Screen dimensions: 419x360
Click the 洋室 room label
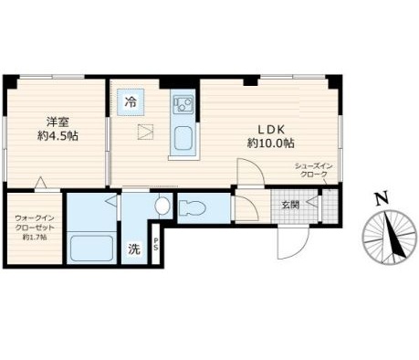click(x=58, y=122)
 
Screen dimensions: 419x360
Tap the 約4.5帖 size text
click(x=58, y=136)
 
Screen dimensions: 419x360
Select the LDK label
click(x=271, y=130)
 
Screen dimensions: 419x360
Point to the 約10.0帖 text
click(x=271, y=143)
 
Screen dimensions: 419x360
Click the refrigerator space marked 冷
click(x=131, y=102)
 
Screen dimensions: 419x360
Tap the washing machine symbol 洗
click(x=134, y=249)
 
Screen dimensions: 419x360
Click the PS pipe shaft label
click(x=155, y=244)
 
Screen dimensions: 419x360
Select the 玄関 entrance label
click(x=290, y=205)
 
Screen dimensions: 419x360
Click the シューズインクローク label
click(x=314, y=171)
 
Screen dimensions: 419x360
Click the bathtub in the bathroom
click(x=91, y=249)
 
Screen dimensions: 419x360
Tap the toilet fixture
click(x=193, y=208)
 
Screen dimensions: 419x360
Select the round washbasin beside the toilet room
click(x=162, y=205)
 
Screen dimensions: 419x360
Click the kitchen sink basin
click(x=183, y=138)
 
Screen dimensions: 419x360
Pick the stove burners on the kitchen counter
click(x=183, y=103)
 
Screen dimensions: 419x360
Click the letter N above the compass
click(x=383, y=198)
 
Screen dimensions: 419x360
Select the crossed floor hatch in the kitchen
click(x=146, y=132)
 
